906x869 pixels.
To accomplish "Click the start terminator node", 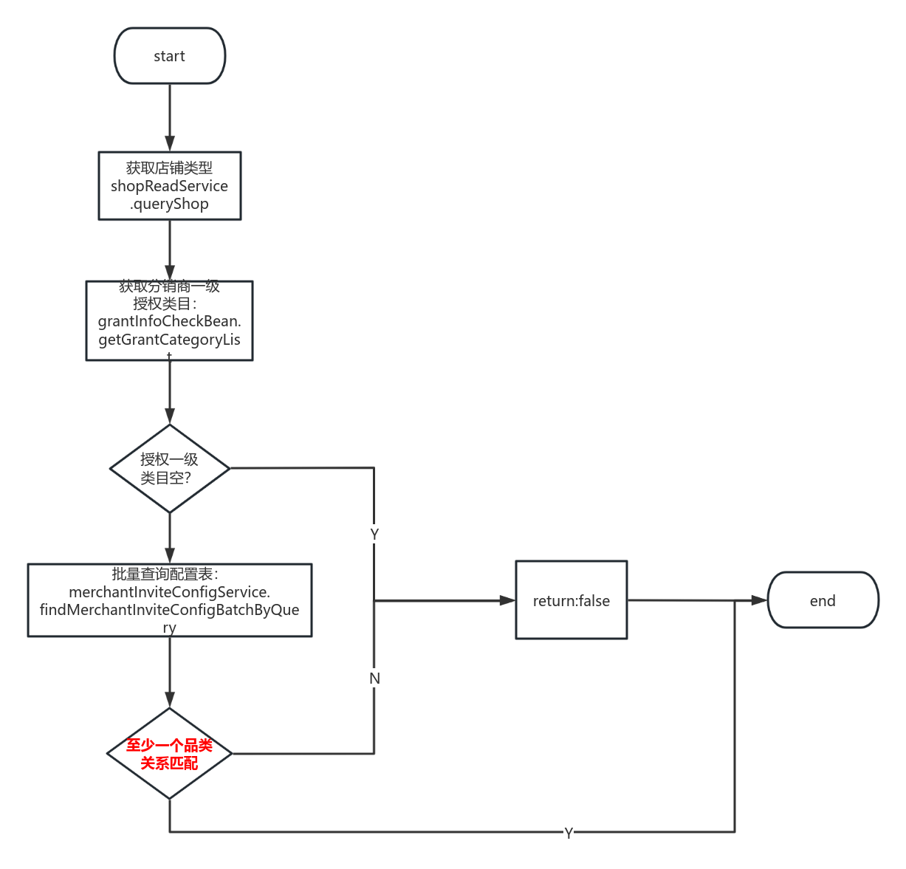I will coord(169,56).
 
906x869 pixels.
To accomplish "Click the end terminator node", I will coord(823,600).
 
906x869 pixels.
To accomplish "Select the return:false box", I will coord(571,600).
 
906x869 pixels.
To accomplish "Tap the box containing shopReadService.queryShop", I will coord(169,186).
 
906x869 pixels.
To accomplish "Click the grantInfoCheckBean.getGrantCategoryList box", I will coord(169,321).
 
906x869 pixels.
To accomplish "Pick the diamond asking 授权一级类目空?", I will coord(169,468).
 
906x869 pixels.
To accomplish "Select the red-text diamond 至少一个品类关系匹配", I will coord(169,754).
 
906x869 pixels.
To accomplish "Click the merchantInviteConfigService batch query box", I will coord(169,600).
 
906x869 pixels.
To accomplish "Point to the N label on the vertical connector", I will coord(374,678).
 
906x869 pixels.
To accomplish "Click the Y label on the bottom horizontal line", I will coord(568,833).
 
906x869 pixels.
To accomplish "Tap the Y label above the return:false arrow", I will coord(374,534).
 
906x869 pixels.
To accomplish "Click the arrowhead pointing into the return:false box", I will coord(507,600).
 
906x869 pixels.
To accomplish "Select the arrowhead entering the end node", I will coord(760,600).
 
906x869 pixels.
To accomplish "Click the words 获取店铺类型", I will coord(169,168).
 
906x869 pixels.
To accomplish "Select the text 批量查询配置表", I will coord(165,574).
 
